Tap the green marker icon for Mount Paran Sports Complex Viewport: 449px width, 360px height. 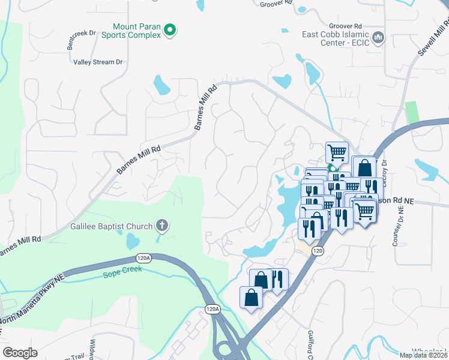coord(170,29)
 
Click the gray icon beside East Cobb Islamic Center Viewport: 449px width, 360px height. coord(378,38)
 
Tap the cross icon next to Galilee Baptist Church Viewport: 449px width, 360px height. coord(161,226)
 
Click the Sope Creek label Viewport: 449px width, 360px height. coord(122,269)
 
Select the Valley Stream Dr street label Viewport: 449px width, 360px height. coord(98,62)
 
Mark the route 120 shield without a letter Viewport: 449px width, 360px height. coord(318,251)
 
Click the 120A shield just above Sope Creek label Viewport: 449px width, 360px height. coord(143,258)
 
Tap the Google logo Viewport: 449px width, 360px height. coord(20,353)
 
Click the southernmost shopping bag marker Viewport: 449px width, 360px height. coord(251,298)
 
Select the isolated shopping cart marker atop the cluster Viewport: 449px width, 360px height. coord(337,152)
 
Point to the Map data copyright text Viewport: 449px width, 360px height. coord(424,355)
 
